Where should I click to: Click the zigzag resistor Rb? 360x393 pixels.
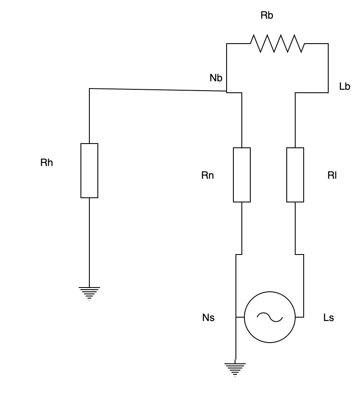pyautogui.click(x=277, y=44)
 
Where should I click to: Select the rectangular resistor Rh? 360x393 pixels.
pyautogui.click(x=89, y=171)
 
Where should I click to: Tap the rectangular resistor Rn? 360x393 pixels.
pyautogui.click(x=242, y=175)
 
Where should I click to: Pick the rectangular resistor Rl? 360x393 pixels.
pyautogui.click(x=295, y=175)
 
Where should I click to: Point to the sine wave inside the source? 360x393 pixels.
pyautogui.click(x=270, y=317)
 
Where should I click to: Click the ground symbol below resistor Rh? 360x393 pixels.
pyautogui.click(x=89, y=293)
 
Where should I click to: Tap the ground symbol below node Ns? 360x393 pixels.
pyautogui.click(x=235, y=369)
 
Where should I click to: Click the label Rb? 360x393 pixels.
pyautogui.click(x=267, y=16)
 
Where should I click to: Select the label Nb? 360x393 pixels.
pyautogui.click(x=216, y=78)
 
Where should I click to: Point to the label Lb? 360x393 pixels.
pyautogui.click(x=345, y=87)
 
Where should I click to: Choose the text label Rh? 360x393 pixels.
pyautogui.click(x=47, y=163)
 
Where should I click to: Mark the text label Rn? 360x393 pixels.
pyautogui.click(x=208, y=175)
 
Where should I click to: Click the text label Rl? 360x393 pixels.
pyautogui.click(x=332, y=175)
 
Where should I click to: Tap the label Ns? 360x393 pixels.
pyautogui.click(x=208, y=318)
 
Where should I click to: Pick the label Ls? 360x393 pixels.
pyautogui.click(x=329, y=318)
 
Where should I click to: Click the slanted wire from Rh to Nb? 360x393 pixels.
pyautogui.click(x=157, y=90)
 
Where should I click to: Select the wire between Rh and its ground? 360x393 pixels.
pyautogui.click(x=89, y=241)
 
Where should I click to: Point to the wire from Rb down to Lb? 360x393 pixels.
pyautogui.click(x=328, y=68)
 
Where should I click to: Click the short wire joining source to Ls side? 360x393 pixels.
pyautogui.click(x=299, y=317)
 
